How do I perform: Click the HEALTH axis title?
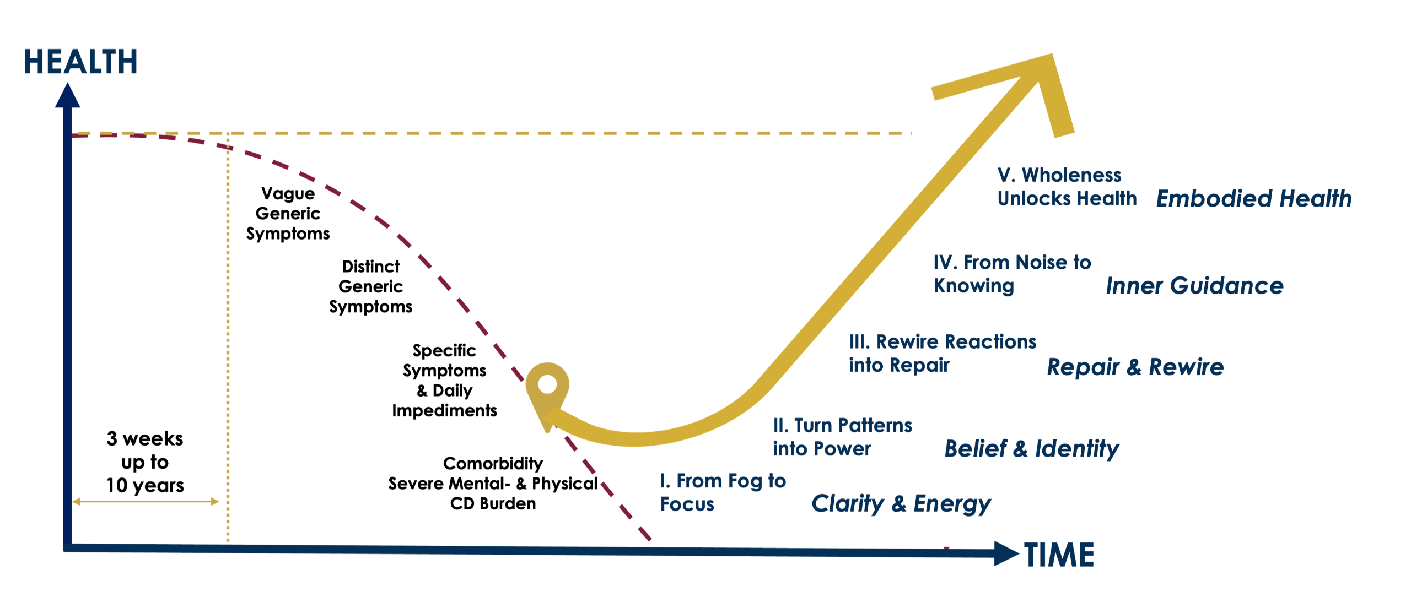[80, 62]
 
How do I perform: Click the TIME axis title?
[1059, 555]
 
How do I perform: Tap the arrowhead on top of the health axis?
[67, 96]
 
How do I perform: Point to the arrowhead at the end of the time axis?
[1006, 553]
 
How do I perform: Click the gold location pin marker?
[547, 386]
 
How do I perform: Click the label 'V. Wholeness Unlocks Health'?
[1067, 187]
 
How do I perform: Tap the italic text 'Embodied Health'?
[1254, 199]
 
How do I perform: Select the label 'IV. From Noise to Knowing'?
[1012, 274]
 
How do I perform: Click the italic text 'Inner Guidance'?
[1194, 286]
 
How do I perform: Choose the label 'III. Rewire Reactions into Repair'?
[942, 353]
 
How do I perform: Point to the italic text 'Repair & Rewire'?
[1135, 367]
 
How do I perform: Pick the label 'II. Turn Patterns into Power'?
[842, 437]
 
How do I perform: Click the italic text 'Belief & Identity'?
[1031, 449]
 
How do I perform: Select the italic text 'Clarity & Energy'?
[901, 503]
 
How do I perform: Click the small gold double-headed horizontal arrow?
[146, 501]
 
